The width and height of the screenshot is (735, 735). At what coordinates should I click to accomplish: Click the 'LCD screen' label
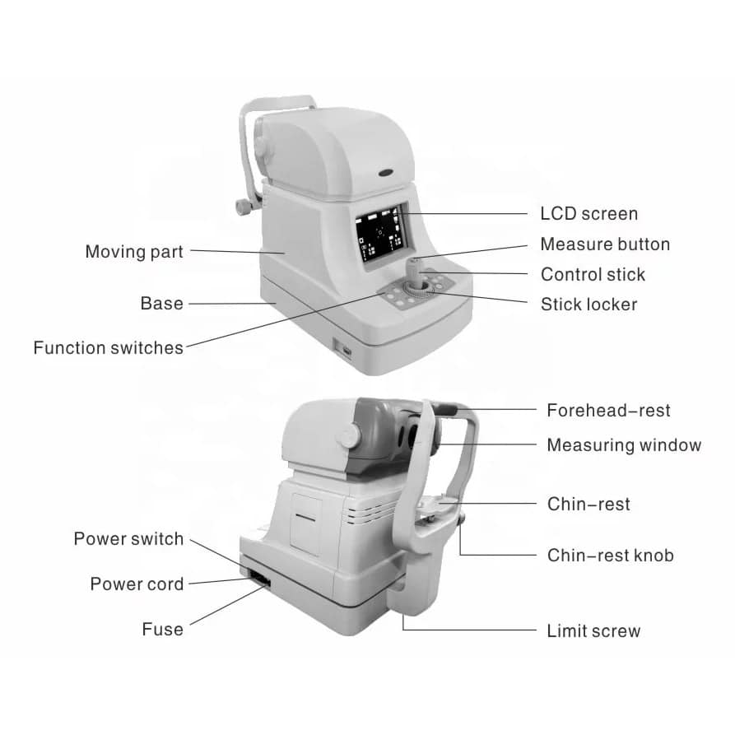(588, 214)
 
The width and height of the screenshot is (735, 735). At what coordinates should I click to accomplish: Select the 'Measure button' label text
(605, 244)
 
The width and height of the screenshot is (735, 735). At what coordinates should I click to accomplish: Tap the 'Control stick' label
(593, 275)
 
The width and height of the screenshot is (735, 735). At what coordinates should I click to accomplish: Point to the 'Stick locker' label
(588, 305)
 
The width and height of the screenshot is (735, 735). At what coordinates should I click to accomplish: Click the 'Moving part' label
(134, 252)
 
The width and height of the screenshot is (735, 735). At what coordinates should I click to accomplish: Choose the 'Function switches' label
(109, 348)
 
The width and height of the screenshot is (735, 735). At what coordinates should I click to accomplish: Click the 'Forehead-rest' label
(608, 411)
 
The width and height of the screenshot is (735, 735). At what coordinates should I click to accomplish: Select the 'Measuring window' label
(624, 445)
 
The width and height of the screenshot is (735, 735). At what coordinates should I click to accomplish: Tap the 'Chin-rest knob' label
(611, 556)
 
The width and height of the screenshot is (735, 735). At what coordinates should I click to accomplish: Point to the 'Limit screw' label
(593, 631)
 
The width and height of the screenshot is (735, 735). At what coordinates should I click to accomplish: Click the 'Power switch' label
(128, 539)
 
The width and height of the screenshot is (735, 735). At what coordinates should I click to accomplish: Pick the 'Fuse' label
(163, 629)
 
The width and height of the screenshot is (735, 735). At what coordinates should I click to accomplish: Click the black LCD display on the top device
(379, 234)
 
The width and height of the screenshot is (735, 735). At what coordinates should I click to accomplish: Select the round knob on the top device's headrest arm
(244, 207)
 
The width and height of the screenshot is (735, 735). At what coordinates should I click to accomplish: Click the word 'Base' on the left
(161, 304)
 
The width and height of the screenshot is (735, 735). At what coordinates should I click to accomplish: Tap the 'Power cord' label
(137, 584)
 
